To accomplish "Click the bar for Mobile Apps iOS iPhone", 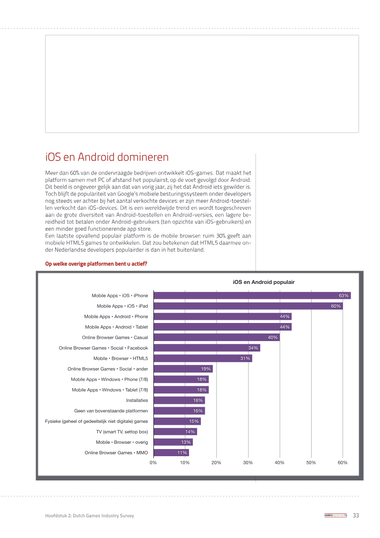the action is point(252,295).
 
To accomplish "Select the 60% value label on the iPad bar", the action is point(336,306).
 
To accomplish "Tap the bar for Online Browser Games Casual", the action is point(217,337).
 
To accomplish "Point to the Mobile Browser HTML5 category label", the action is point(121,358).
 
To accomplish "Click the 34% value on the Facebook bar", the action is point(253,348).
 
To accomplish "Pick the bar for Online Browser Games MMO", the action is point(171,452).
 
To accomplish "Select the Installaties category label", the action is point(137,401).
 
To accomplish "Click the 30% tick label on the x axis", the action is point(248,462).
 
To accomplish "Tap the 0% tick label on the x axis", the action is point(153,462).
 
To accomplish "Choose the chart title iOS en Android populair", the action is point(264,282).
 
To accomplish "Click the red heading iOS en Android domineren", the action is point(107,157).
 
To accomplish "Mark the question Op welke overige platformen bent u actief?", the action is point(96,264).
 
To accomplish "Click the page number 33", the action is point(356,515).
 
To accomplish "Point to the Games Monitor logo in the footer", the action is point(335,515).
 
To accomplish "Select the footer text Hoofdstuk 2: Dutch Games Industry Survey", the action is point(89,515).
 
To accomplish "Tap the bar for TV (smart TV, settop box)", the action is point(175,431).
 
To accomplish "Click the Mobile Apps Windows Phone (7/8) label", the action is point(109,379).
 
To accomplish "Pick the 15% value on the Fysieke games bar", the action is point(194,421).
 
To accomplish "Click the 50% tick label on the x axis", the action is point(311,462).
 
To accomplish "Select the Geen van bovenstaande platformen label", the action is point(111,411).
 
